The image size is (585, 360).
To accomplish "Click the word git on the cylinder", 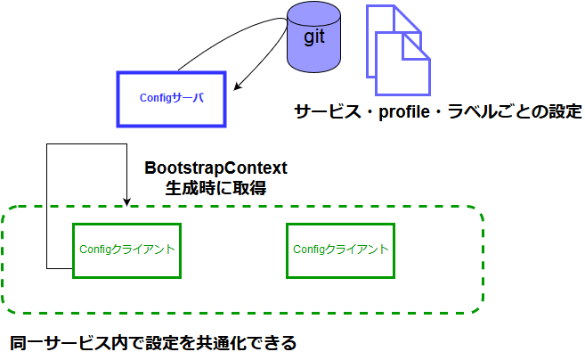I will tap(315, 37).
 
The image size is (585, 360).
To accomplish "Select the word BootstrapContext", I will tap(216, 168).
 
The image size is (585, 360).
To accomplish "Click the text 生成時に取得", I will tap(216, 188).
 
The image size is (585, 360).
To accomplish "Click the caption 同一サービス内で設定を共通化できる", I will tap(152, 342).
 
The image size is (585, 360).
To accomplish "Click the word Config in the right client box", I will tap(311, 250).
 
